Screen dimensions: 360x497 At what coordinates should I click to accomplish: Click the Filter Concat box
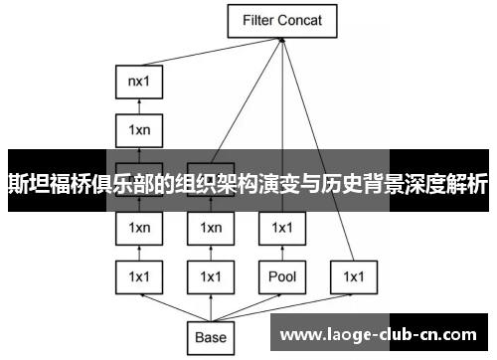[x=282, y=19]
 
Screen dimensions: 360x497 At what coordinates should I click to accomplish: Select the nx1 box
[x=139, y=82]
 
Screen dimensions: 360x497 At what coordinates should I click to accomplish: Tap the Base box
[x=211, y=337]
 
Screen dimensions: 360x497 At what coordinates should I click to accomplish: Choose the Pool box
[x=281, y=275]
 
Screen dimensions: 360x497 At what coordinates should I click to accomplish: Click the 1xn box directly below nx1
[x=139, y=129]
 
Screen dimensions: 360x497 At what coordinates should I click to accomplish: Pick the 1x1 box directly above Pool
[x=281, y=228]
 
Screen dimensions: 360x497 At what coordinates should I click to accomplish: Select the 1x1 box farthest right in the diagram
[x=353, y=275]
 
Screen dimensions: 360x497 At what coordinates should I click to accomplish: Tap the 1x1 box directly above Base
[x=211, y=275]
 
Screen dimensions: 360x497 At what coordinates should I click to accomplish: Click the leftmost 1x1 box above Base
[x=139, y=275]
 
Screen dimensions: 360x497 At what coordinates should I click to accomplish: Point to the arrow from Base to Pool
[x=248, y=305]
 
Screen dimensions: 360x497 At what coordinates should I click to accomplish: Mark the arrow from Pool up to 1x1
[x=281, y=252]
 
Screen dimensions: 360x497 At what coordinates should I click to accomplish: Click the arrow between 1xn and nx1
[x=139, y=105]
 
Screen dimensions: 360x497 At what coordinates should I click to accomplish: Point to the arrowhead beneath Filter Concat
[x=283, y=39]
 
